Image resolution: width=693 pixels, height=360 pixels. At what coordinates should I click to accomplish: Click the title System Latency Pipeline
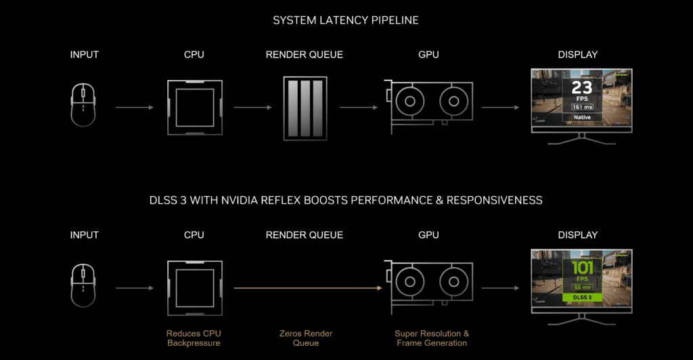point(346,20)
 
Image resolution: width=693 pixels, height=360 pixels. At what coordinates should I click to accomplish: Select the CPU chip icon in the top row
point(195,107)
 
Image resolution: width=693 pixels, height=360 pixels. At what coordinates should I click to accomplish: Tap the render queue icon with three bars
point(305,108)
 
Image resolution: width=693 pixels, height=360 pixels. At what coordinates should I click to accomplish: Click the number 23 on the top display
point(581,88)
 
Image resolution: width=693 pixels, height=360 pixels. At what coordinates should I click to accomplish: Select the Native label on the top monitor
point(581,117)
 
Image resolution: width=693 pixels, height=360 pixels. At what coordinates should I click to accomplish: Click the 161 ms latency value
point(581,106)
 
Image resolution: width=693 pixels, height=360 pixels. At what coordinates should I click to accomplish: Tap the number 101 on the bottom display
point(581,267)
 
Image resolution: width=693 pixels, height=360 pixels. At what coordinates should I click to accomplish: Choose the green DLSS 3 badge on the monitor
point(581,297)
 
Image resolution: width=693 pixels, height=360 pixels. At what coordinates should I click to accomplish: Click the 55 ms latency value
point(581,286)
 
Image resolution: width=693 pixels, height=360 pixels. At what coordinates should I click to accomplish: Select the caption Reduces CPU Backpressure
point(194,338)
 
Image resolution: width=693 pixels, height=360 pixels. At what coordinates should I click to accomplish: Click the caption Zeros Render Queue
point(306,338)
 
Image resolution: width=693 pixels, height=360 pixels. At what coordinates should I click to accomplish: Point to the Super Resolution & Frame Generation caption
point(431,338)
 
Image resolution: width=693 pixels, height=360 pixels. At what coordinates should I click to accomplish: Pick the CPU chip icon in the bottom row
point(195,287)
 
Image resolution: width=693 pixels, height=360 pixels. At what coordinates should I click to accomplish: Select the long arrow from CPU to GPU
point(304,288)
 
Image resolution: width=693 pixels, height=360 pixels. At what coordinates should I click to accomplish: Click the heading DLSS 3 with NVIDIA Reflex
point(346,200)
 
